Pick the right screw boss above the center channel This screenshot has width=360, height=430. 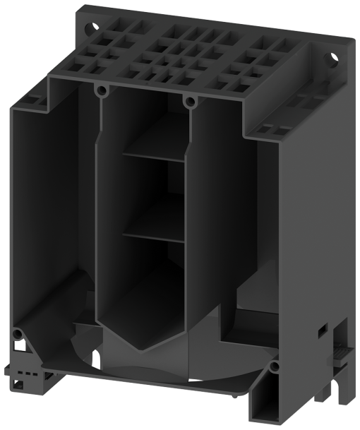pos(188,102)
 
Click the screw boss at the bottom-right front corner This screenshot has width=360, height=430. pos(274,367)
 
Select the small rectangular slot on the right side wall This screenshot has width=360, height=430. pos(321,330)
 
